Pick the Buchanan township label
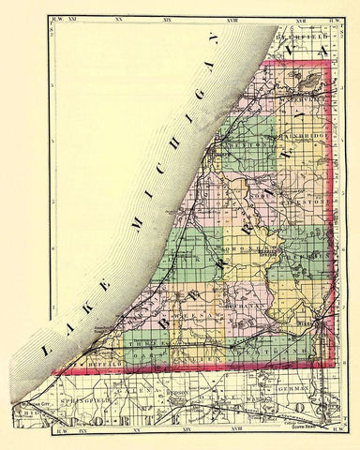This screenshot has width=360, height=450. tap(245, 306)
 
